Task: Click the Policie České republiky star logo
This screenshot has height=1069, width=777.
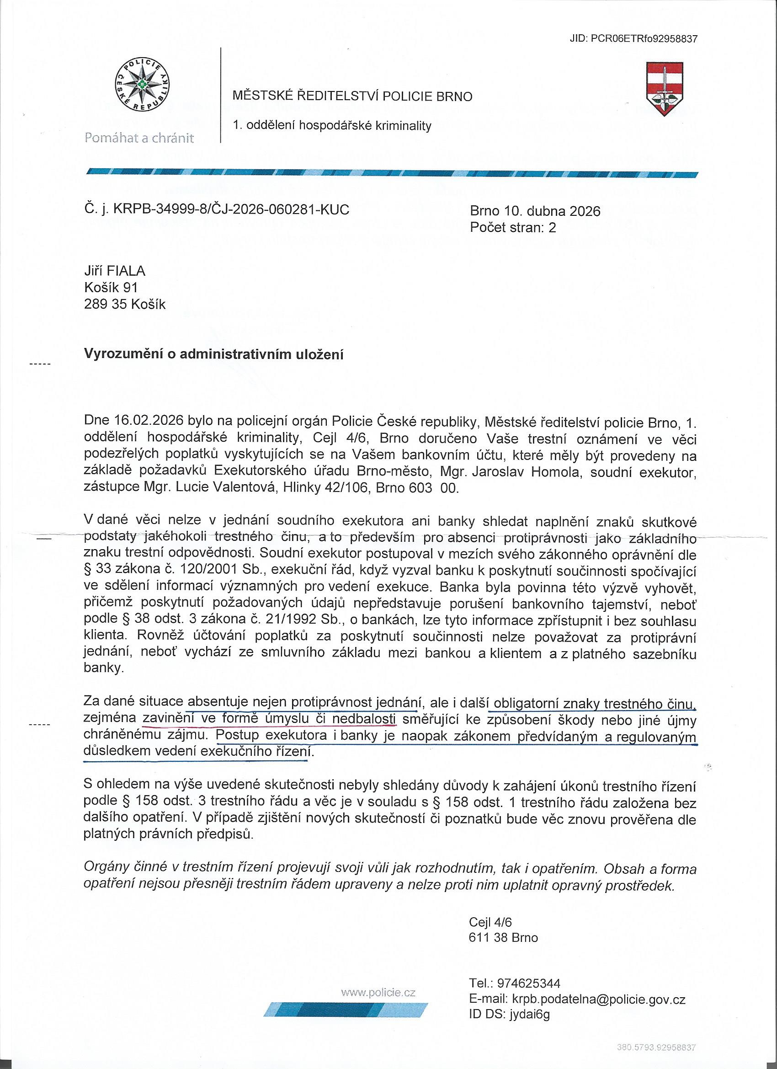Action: pos(142,86)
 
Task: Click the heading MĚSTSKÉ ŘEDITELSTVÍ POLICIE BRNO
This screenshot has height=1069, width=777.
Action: pos(352,96)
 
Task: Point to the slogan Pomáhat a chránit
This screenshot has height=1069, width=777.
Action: pos(139,138)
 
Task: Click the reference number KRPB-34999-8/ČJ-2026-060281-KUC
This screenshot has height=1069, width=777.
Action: pos(231,209)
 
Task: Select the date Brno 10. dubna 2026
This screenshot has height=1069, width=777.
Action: pos(535,211)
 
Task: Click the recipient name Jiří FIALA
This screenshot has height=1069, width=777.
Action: pos(115,271)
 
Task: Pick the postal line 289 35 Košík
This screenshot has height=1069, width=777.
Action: pos(125,304)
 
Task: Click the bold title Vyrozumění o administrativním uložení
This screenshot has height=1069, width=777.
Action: pos(213,354)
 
